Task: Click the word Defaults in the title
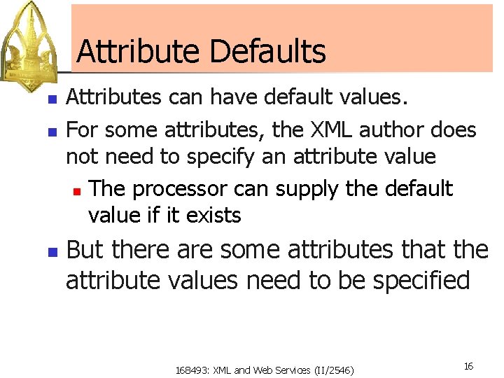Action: click(x=267, y=52)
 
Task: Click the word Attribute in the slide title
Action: click(x=139, y=52)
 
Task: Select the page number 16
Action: click(x=468, y=366)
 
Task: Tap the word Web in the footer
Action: click(x=268, y=370)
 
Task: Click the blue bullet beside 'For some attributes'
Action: click(x=51, y=131)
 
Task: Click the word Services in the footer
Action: click(x=295, y=370)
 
